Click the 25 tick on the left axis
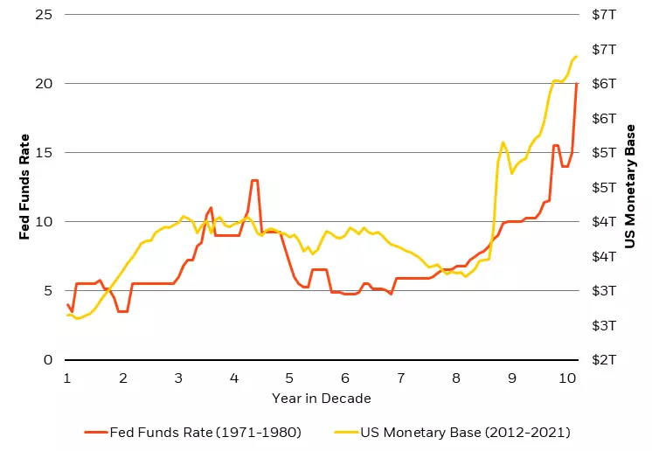point(44,15)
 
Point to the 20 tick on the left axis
point(44,84)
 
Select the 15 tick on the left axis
point(44,153)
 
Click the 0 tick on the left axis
point(47,360)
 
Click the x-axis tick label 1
point(67,378)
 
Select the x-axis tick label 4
point(234,378)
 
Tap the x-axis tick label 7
point(400,378)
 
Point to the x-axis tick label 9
point(511,378)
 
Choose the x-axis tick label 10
point(567,378)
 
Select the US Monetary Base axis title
point(630,187)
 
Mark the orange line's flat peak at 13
point(254,180)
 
